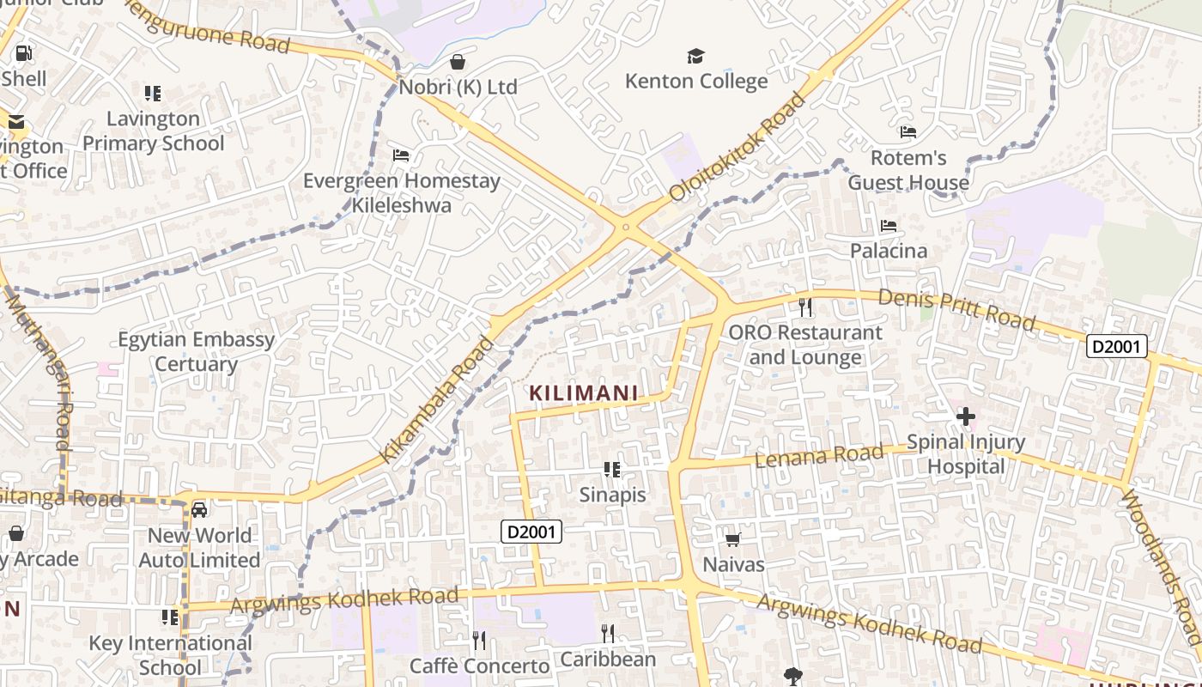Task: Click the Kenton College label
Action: pos(696,82)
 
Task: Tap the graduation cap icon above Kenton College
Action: pos(695,57)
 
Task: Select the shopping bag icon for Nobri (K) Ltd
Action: pos(458,62)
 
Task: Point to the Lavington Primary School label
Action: pos(153,131)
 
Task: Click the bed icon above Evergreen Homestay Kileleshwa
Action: pos(401,155)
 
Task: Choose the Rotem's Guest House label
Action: pos(908,170)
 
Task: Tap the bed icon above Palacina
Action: pos(889,226)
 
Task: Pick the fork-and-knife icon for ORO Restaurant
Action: pos(804,307)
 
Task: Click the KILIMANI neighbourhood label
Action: pos(584,393)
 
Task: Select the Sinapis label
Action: pos(612,495)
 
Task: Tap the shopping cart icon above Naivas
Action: pos(733,539)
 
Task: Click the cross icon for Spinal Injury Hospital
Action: pos(966,417)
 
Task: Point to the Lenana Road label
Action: pos(819,455)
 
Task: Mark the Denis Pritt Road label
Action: pos(957,308)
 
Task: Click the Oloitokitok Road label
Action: pos(738,146)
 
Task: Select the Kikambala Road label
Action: pos(437,399)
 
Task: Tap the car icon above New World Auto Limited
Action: pos(199,510)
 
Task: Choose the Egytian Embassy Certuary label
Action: pos(197,351)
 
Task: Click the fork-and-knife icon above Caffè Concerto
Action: pos(479,640)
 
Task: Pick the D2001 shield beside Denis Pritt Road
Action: pos(1117,346)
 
